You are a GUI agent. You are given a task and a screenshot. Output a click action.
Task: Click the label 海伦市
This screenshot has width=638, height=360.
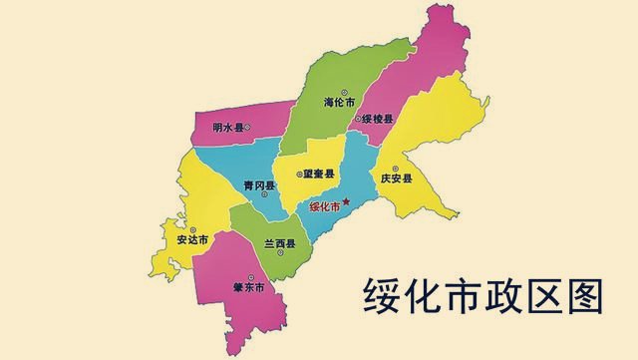[339, 102]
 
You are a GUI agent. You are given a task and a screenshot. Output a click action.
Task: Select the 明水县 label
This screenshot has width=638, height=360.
[228, 127]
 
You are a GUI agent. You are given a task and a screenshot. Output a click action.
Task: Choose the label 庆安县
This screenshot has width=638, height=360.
[396, 180]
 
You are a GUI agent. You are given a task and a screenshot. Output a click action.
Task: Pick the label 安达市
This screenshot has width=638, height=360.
[191, 240]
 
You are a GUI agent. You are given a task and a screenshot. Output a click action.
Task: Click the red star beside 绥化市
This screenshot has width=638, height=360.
[346, 204]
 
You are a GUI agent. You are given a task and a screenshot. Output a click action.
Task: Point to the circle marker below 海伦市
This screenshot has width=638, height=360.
[339, 113]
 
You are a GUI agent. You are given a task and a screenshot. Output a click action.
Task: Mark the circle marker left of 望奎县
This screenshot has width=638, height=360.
[299, 174]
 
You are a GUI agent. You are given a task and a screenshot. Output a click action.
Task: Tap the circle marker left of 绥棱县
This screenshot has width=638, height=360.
[358, 120]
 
